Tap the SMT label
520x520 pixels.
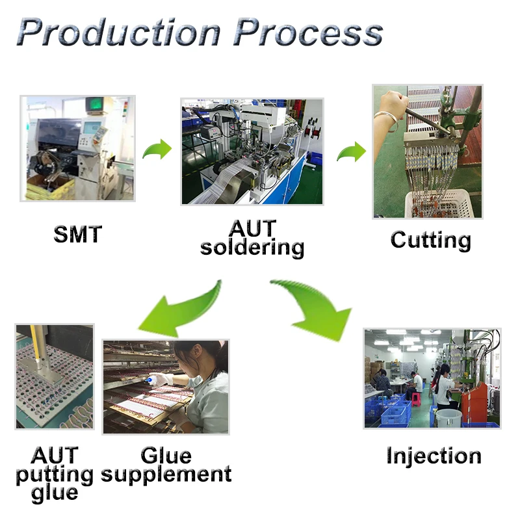point(77,233)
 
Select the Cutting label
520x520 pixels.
point(430,240)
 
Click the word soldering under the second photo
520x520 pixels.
point(252,247)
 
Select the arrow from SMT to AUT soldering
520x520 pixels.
point(156,150)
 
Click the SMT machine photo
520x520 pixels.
point(77,148)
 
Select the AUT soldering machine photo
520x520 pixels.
point(252,151)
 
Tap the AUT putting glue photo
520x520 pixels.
point(55,376)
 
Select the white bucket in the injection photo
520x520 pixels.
point(448,417)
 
